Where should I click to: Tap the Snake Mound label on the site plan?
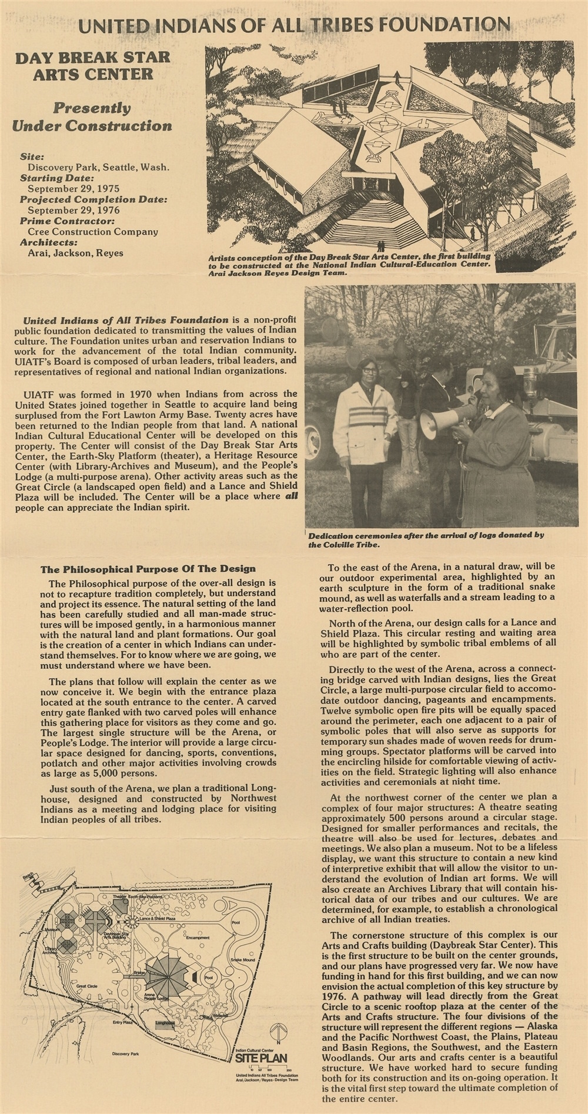242,959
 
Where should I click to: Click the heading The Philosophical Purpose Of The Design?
148,569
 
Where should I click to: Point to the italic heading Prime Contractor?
67,221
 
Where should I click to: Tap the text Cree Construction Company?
93,232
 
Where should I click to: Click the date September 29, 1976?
73,210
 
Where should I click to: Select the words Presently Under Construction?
92,116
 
